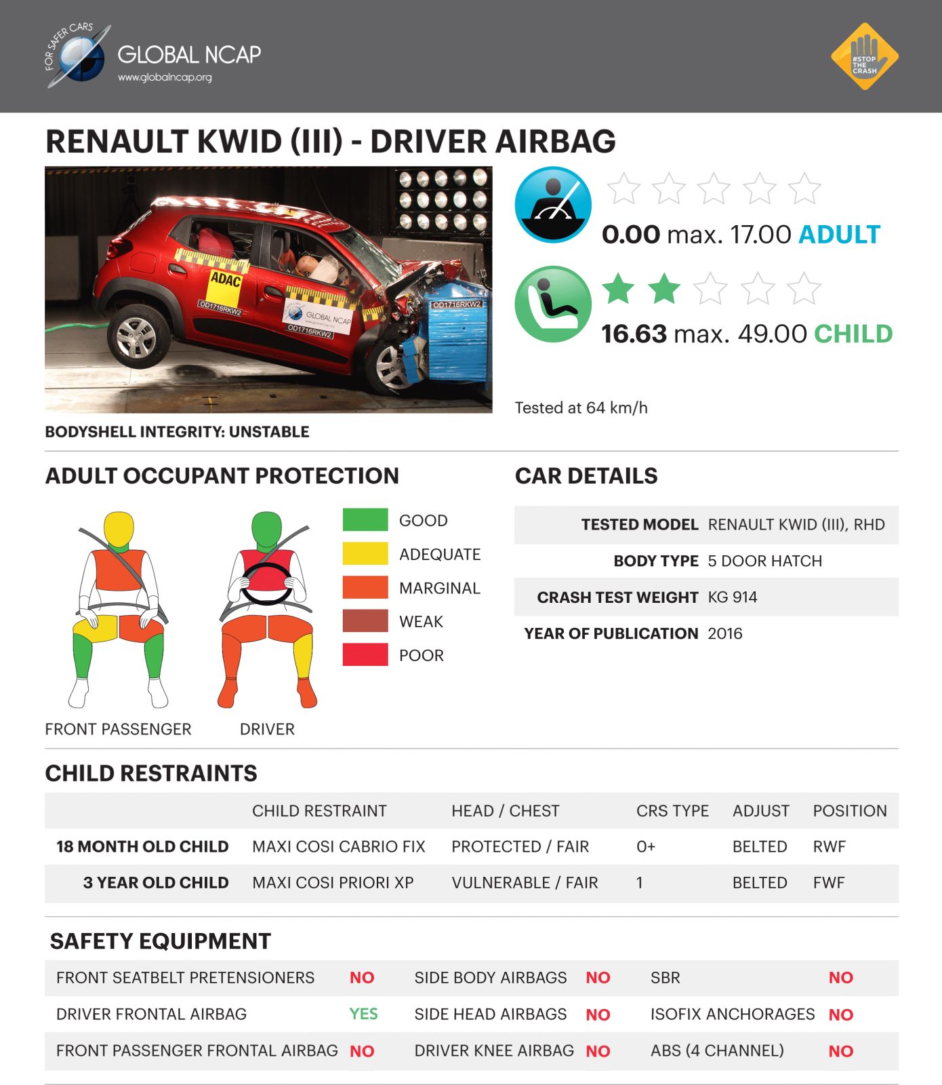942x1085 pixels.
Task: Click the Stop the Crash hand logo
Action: (x=864, y=56)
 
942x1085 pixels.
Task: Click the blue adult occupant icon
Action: (x=553, y=204)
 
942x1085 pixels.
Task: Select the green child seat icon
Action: (x=553, y=303)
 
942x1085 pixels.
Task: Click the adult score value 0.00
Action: (x=630, y=235)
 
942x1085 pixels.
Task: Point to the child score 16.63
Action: (x=634, y=334)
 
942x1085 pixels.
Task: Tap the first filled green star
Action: (x=618, y=289)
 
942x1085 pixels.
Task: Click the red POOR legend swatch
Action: (x=365, y=655)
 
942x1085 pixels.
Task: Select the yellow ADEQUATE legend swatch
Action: (x=365, y=554)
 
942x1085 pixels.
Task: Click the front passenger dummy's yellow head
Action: (x=119, y=529)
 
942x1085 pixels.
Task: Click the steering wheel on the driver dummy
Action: (x=267, y=584)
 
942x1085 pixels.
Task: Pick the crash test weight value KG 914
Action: (x=732, y=597)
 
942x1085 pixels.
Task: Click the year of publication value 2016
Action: (x=724, y=633)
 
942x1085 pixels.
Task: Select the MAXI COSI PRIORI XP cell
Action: (x=333, y=883)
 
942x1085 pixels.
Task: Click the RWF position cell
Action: (x=829, y=847)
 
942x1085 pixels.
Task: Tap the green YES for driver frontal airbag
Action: (x=363, y=1014)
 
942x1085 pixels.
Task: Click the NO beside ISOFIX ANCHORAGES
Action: (x=840, y=1014)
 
